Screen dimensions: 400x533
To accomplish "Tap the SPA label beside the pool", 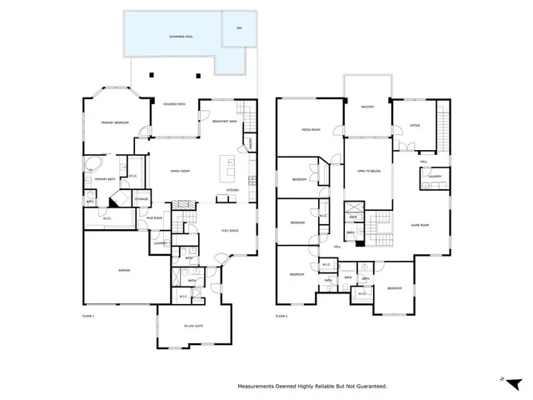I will click(239, 29).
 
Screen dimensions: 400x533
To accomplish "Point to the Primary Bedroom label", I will click(114, 122).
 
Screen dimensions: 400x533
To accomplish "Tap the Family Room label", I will click(181, 171).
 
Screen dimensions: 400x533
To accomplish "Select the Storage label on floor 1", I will click(142, 199).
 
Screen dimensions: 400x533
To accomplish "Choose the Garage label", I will click(122, 270).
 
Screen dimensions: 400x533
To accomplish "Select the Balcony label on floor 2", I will click(367, 107).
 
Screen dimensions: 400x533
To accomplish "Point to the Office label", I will click(414, 126).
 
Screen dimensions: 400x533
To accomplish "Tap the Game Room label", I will click(420, 226).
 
